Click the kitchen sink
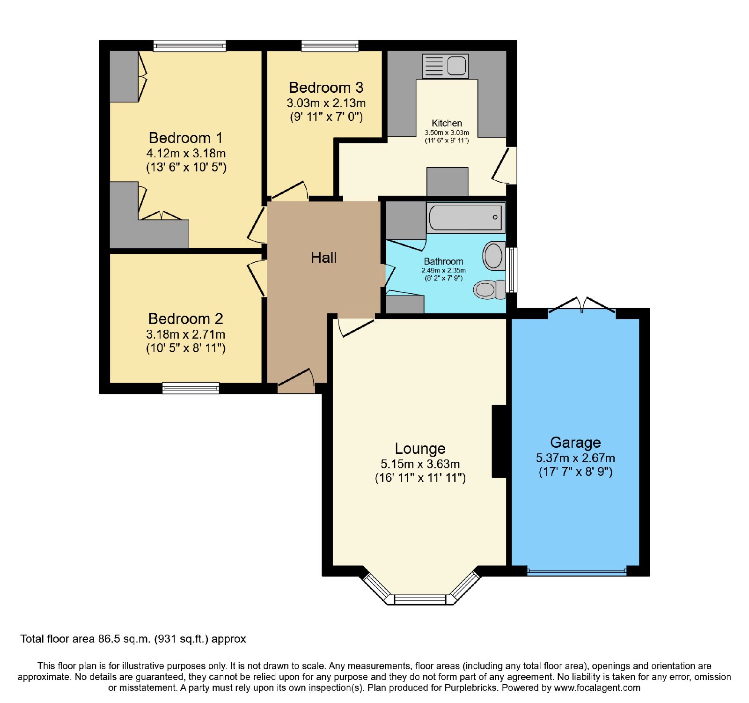[x=445, y=66]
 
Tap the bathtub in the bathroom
[x=466, y=217]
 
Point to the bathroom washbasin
[x=494, y=256]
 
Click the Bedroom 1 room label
[x=185, y=138]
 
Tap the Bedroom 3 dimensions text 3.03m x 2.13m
[x=326, y=103]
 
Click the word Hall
[x=323, y=258]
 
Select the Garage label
[x=575, y=443]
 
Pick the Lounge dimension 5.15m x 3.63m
[x=420, y=464]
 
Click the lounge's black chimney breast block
[x=499, y=441]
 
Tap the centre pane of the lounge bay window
[x=420, y=600]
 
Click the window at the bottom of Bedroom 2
[x=191, y=388]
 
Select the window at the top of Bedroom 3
[x=330, y=46]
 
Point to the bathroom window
[x=512, y=270]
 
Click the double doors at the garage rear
[x=581, y=305]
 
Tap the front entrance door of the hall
[x=296, y=381]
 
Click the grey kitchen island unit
[x=447, y=182]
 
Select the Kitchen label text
[x=447, y=123]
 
